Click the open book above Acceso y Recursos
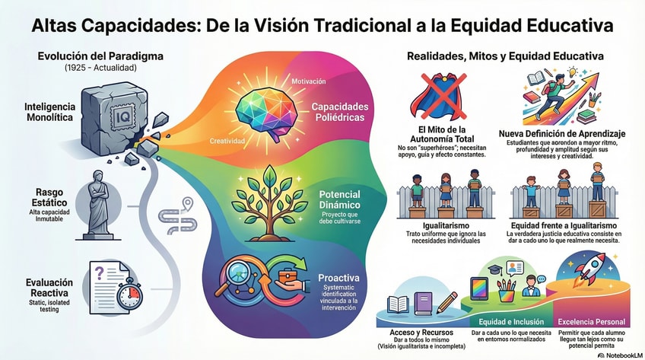pos(399,304)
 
